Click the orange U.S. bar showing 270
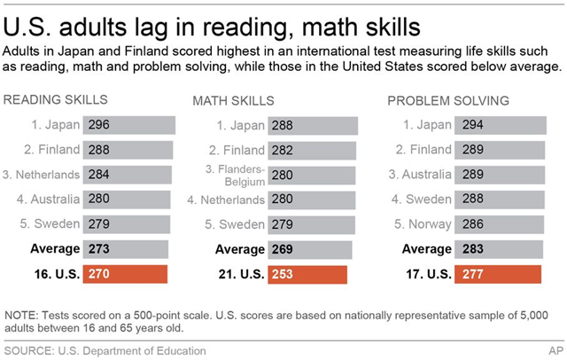[125, 275]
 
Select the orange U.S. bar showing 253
[307, 275]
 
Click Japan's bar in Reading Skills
[129, 125]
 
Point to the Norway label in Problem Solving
[422, 224]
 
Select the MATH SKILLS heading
[233, 101]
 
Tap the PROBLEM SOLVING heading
[448, 100]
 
